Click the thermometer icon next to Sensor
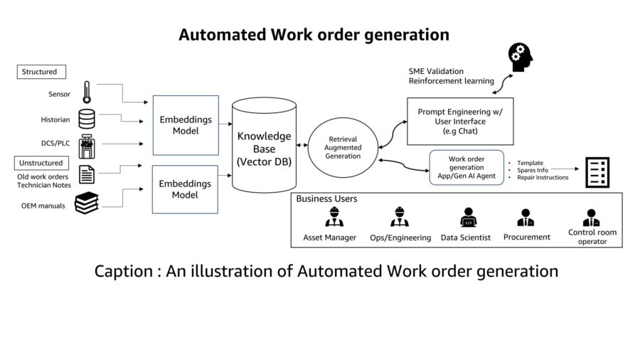pos(87,92)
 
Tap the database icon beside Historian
pos(87,119)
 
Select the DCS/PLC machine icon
pos(87,146)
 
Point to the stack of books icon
pos(87,203)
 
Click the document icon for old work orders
pos(87,174)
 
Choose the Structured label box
pos(41,72)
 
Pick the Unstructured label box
pos(41,163)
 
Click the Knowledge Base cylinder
pos(264,145)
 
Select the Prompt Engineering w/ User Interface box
pos(460,121)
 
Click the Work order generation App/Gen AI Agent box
pos(466,167)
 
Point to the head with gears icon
pos(521,57)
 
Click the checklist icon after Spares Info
pos(597,172)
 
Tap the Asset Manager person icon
pos(334,217)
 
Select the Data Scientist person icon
pos(468,217)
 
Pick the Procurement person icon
pos(526,218)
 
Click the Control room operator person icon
pos(591,218)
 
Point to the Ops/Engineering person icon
pos(399,217)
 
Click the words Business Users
pos(326,198)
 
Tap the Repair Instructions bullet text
pos(543,178)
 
